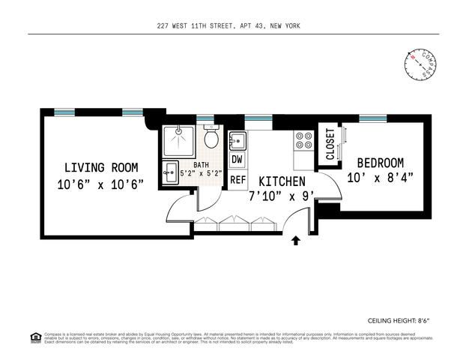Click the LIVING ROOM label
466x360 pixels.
(x=100, y=167)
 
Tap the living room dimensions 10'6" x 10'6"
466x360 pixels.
(x=100, y=184)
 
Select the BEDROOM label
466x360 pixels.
(x=380, y=163)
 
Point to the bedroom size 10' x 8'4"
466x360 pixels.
(x=380, y=178)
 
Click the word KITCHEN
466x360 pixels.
(x=282, y=181)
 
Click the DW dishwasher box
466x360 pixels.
(x=237, y=160)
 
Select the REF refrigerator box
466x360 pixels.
(x=237, y=179)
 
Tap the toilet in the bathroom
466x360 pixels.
(x=212, y=139)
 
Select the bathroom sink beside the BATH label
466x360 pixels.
(x=170, y=169)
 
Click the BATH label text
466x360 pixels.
(x=202, y=165)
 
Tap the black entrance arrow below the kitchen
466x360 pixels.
(x=295, y=240)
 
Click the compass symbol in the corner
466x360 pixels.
(x=421, y=66)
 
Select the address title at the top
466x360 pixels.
(x=229, y=26)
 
